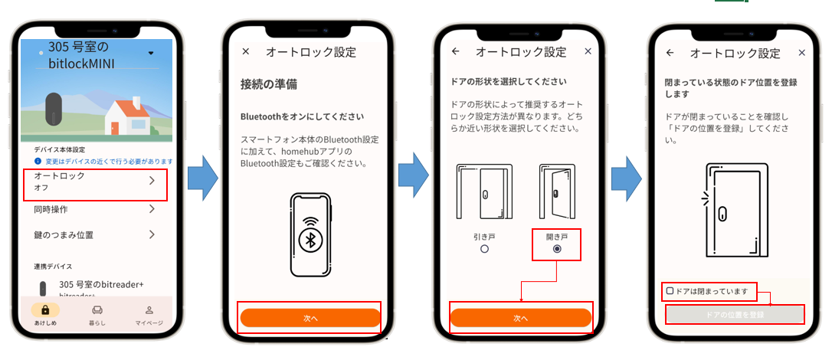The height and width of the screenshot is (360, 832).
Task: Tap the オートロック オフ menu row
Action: click(x=96, y=184)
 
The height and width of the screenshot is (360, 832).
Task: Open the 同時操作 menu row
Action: click(x=96, y=209)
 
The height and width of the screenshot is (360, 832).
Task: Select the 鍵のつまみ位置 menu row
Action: click(x=96, y=235)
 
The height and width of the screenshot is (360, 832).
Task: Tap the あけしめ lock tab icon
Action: click(x=45, y=310)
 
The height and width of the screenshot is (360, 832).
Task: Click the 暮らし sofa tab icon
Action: click(x=97, y=310)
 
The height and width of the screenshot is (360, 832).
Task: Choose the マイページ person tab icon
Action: click(x=149, y=310)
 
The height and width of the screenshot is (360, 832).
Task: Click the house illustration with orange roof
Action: click(x=127, y=115)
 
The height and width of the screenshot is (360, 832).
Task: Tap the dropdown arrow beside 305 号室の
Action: click(x=151, y=53)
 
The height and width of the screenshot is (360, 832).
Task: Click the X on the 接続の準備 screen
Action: click(x=245, y=51)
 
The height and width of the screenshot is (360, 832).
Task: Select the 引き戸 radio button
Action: click(x=484, y=249)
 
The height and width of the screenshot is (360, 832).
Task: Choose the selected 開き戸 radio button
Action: click(x=557, y=249)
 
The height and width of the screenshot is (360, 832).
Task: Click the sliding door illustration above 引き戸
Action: click(x=484, y=191)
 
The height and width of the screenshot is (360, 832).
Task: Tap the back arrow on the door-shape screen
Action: click(x=455, y=51)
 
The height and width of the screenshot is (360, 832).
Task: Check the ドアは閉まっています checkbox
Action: click(x=670, y=291)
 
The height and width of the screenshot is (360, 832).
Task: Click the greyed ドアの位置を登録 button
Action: click(x=735, y=314)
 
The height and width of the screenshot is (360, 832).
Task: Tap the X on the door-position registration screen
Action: click(x=802, y=53)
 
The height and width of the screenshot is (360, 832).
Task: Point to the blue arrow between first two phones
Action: click(x=203, y=178)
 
